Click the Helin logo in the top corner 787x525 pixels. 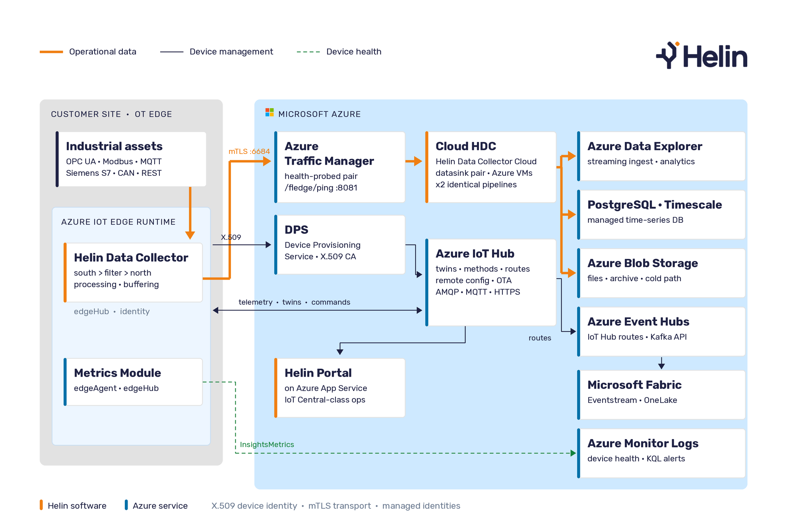point(702,55)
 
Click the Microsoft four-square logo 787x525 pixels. point(269,113)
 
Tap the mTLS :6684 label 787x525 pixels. point(249,152)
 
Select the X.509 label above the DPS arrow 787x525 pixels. point(231,237)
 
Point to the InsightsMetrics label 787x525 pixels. point(267,445)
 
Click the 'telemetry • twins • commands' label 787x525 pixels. point(295,302)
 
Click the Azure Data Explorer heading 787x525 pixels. point(645,146)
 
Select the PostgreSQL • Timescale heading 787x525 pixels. point(655,205)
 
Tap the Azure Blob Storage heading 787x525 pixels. point(643,263)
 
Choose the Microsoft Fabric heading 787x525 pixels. point(634,385)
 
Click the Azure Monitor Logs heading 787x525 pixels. point(643,443)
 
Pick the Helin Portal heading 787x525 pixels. point(318,373)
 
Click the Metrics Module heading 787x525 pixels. point(117,373)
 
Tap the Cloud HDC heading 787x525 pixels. point(466,146)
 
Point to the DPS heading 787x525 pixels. point(297,230)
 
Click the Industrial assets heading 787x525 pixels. point(114,146)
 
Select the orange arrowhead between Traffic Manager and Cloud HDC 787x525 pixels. point(418,161)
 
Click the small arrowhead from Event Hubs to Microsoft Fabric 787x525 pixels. point(661,366)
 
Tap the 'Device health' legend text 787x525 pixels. point(354,52)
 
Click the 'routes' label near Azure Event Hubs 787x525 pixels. point(540,338)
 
